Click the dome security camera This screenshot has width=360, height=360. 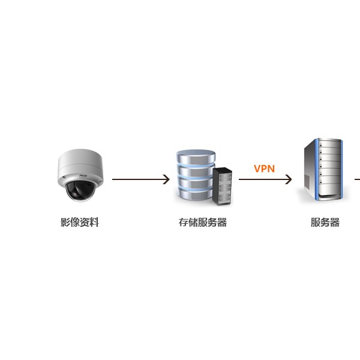(x=80, y=175)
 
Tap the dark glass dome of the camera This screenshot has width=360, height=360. (x=80, y=191)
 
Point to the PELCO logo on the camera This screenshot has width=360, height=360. (x=83, y=176)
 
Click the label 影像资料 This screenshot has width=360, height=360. (x=80, y=222)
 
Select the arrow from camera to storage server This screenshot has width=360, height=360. (x=141, y=179)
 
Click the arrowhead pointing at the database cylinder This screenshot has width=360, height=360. (x=166, y=179)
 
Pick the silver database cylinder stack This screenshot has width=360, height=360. (x=196, y=175)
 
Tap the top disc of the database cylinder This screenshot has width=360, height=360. (x=196, y=156)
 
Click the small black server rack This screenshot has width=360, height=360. (x=222, y=187)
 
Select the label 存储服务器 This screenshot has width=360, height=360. (x=203, y=222)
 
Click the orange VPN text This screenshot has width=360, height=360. (x=264, y=169)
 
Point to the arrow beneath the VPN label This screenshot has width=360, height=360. (x=265, y=179)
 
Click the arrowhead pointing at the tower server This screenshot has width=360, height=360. (x=289, y=179)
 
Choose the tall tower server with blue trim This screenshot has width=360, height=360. (x=323, y=169)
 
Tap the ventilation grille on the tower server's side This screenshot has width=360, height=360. (x=307, y=181)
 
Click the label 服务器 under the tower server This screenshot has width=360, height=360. (x=325, y=222)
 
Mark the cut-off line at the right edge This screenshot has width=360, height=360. (x=357, y=179)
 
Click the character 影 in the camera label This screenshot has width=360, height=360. (x=65, y=222)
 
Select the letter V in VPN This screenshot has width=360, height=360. (x=257, y=169)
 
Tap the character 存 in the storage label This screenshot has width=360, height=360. (x=184, y=222)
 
